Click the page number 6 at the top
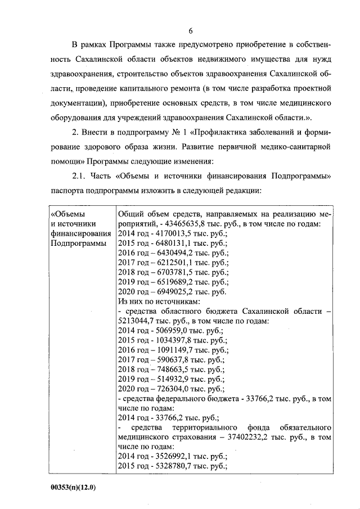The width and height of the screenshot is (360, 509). coord(191,30)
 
